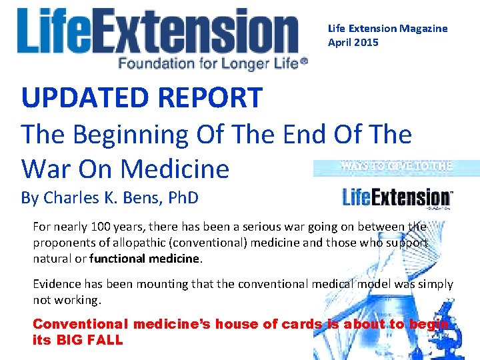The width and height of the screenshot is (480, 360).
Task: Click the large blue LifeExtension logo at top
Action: tap(158, 32)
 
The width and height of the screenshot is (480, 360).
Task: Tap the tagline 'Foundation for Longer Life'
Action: tap(212, 63)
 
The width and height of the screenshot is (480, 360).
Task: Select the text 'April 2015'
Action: tap(353, 43)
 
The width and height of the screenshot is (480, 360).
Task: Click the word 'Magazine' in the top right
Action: tap(423, 29)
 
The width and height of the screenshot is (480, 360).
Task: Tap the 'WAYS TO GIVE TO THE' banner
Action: tap(396, 167)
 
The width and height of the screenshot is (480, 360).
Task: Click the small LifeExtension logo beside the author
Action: tap(397, 197)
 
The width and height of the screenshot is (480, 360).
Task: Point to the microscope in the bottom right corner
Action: tap(460, 337)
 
